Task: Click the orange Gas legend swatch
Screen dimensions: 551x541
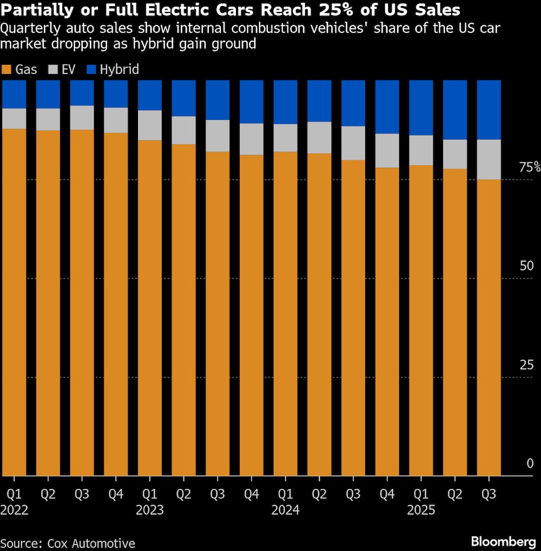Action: click(x=7, y=69)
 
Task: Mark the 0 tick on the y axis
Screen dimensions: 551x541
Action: click(x=530, y=463)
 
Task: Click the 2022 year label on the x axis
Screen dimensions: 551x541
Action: click(x=14, y=509)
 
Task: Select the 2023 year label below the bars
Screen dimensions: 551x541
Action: click(x=150, y=509)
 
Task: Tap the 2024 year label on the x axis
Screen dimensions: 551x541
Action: click(x=285, y=509)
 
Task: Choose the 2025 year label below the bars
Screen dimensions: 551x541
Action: click(x=421, y=509)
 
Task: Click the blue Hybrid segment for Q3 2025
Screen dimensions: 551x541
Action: click(x=489, y=110)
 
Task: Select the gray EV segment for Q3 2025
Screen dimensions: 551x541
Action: click(x=489, y=159)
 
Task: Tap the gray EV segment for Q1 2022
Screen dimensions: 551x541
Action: click(x=14, y=118)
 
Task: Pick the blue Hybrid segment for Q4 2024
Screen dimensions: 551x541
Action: click(x=387, y=106)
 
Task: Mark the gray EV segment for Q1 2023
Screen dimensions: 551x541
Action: click(x=150, y=125)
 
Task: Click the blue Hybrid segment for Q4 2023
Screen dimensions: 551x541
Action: click(x=251, y=102)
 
